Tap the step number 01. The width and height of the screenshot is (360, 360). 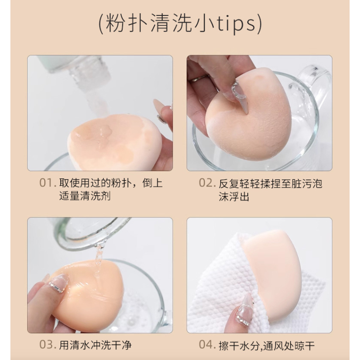[x=48, y=183]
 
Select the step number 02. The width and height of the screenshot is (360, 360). [x=207, y=183]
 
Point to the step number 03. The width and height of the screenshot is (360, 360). [x=48, y=345]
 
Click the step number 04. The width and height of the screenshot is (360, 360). [x=207, y=345]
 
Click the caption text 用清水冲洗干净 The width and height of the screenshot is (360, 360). [x=95, y=345]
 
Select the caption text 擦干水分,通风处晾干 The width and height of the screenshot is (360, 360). [x=266, y=346]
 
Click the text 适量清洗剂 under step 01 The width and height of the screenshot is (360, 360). [x=85, y=196]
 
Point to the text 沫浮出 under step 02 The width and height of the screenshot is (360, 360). [x=234, y=197]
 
